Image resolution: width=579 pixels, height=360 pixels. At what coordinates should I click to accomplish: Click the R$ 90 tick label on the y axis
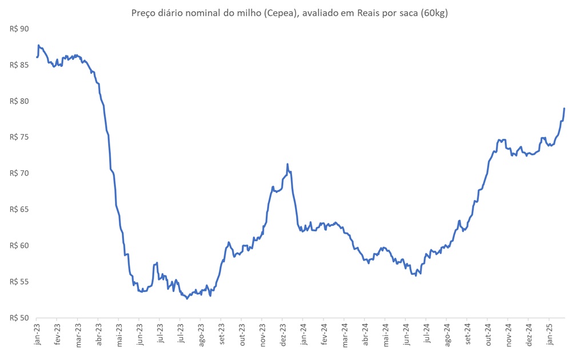[x=20, y=29]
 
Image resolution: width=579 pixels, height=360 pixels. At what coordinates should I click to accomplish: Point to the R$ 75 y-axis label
[x=20, y=137]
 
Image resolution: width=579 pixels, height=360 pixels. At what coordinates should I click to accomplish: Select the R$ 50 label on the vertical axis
[x=20, y=318]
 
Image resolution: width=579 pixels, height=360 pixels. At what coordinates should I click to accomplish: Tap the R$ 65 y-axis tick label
[x=20, y=210]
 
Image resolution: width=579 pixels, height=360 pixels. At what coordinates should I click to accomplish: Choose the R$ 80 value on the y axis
[x=20, y=101]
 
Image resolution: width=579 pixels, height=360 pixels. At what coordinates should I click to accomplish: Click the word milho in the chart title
[x=243, y=13]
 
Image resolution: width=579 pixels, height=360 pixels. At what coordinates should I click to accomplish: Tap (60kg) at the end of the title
[x=434, y=13]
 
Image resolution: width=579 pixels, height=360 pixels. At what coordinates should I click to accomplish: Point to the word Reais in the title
[x=374, y=13]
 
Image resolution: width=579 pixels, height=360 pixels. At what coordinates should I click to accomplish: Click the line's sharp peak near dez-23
[x=287, y=164]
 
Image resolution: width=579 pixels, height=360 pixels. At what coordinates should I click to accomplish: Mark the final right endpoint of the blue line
[x=564, y=108]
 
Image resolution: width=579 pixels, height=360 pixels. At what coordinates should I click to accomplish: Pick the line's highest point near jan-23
[x=38, y=45]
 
